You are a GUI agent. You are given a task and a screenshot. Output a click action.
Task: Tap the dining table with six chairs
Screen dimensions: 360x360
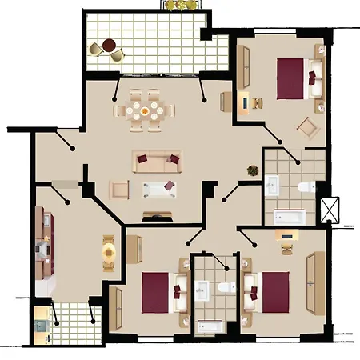point(146,111)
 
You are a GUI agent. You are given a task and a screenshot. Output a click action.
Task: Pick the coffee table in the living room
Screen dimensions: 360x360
point(158,189)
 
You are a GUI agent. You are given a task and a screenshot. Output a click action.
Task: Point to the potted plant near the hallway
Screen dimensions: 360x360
point(252,172)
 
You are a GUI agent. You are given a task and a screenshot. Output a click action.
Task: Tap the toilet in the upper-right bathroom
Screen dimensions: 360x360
point(304,187)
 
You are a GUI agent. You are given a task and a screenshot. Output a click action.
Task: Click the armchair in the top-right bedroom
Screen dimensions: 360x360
point(306,126)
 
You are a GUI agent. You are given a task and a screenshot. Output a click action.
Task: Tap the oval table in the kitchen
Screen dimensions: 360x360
point(108,251)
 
